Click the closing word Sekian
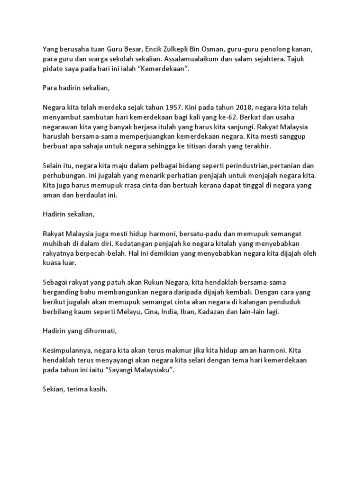tap(54, 391)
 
